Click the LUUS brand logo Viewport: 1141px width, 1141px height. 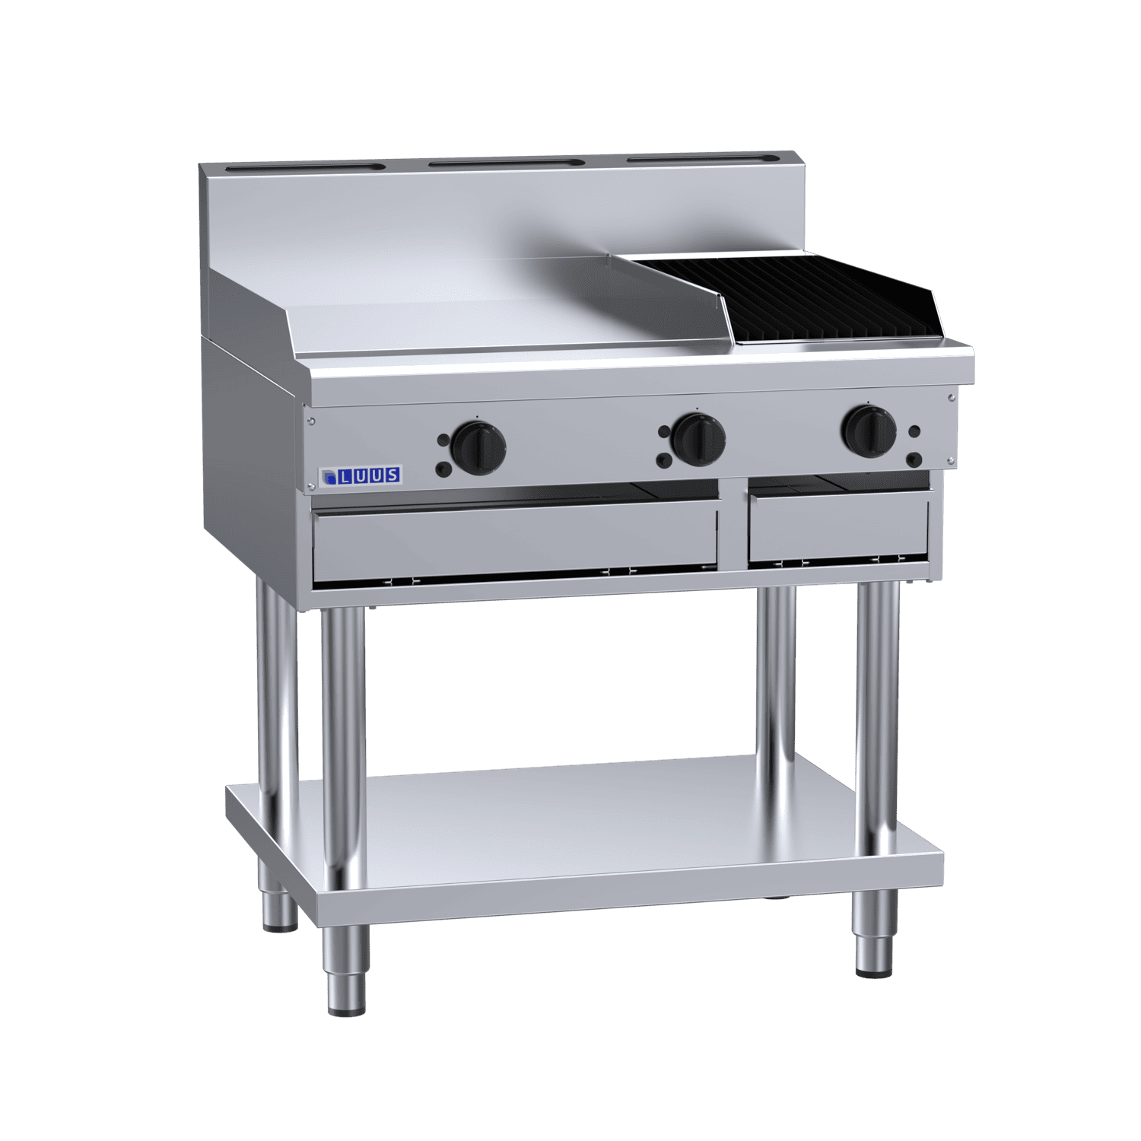tap(360, 476)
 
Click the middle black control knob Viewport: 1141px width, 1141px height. tap(698, 438)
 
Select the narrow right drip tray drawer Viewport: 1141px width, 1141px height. tap(838, 528)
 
